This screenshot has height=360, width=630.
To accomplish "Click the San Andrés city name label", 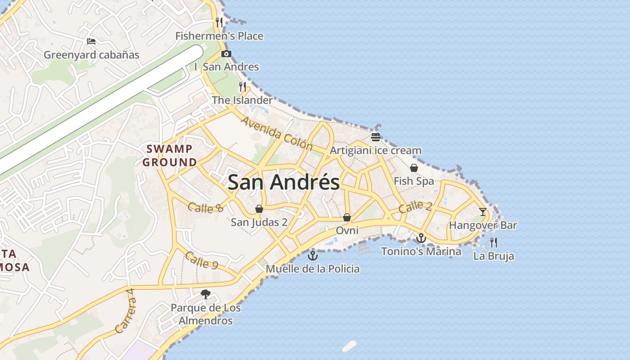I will [x=283, y=182].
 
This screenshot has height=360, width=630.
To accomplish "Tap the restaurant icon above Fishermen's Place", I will [x=219, y=22].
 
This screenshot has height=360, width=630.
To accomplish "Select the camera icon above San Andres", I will [x=226, y=54].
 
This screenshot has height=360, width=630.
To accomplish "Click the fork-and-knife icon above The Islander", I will [x=243, y=86].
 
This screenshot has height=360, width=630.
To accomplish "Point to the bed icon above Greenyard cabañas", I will [x=91, y=41].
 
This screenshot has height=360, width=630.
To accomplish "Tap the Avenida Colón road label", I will [x=277, y=134].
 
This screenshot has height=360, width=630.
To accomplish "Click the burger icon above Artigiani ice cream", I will [x=376, y=137].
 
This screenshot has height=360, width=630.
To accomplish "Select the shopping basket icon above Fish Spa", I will [x=414, y=168].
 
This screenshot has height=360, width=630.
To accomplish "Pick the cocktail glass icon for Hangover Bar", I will [x=483, y=211].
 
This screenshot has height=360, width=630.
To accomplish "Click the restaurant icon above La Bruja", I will [x=494, y=243].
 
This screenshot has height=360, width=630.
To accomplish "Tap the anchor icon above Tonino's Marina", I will [x=421, y=238].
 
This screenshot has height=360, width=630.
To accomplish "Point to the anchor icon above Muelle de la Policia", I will [x=312, y=256].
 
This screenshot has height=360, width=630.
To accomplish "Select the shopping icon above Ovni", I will [x=347, y=217].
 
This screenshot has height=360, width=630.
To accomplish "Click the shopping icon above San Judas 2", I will [x=259, y=209].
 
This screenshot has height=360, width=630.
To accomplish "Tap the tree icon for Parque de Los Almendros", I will [x=206, y=295].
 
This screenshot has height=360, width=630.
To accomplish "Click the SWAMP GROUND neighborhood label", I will [x=170, y=155].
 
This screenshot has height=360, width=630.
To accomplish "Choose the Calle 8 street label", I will [x=206, y=207].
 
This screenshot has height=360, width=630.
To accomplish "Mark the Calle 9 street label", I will [x=202, y=261].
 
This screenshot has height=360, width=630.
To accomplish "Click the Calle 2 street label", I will [x=415, y=207].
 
